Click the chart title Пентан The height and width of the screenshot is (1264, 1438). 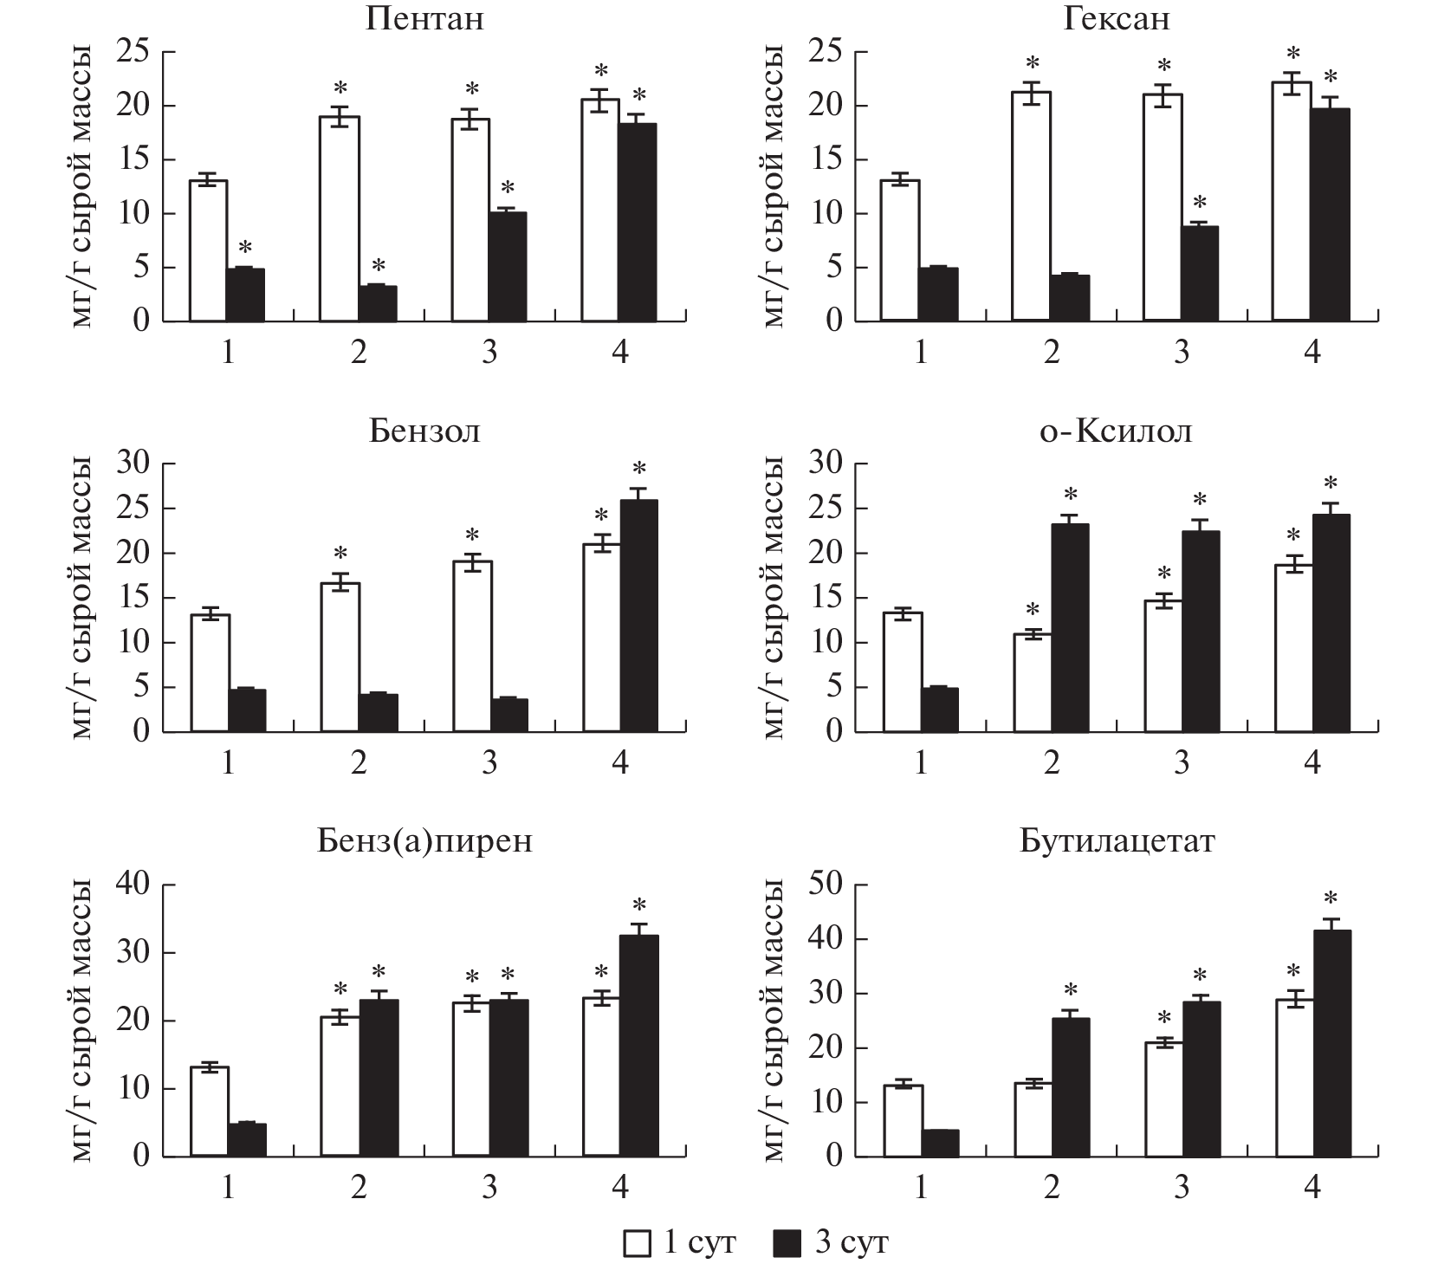pyautogui.click(x=424, y=19)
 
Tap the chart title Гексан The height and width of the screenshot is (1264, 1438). pyautogui.click(x=1117, y=19)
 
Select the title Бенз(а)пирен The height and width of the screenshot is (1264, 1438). pyautogui.click(x=424, y=841)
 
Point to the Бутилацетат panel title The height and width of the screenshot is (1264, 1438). pyautogui.click(x=1117, y=841)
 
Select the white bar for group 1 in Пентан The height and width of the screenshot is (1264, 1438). pyautogui.click(x=208, y=250)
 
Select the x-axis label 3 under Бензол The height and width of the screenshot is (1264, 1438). pyautogui.click(x=489, y=762)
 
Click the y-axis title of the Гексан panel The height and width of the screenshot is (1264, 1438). pyautogui.click(x=774, y=186)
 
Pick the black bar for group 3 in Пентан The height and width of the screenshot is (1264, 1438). pyautogui.click(x=507, y=266)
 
